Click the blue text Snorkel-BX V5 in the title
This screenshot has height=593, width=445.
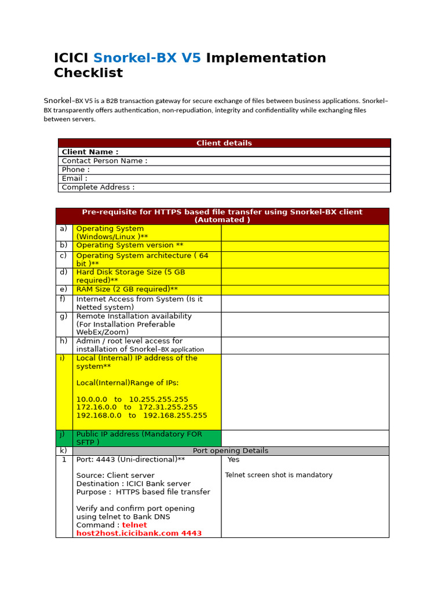(147, 58)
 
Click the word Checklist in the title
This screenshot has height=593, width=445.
(88, 73)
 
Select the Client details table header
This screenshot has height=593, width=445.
(224, 143)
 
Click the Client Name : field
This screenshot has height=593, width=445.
(90, 152)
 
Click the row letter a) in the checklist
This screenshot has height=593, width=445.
(63, 229)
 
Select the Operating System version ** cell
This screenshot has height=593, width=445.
(130, 246)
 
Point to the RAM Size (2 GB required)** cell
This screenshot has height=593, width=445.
(127, 290)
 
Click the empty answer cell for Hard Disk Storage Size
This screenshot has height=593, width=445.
(305, 276)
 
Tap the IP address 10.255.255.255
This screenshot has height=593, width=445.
(158, 399)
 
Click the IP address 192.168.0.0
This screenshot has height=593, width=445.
(99, 415)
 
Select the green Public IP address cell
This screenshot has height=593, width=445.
(147, 438)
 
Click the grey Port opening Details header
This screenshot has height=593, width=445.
(230, 451)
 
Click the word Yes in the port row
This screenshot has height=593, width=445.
(234, 459)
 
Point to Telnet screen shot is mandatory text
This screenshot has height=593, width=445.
(279, 475)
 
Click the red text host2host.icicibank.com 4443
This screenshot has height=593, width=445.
(139, 533)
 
